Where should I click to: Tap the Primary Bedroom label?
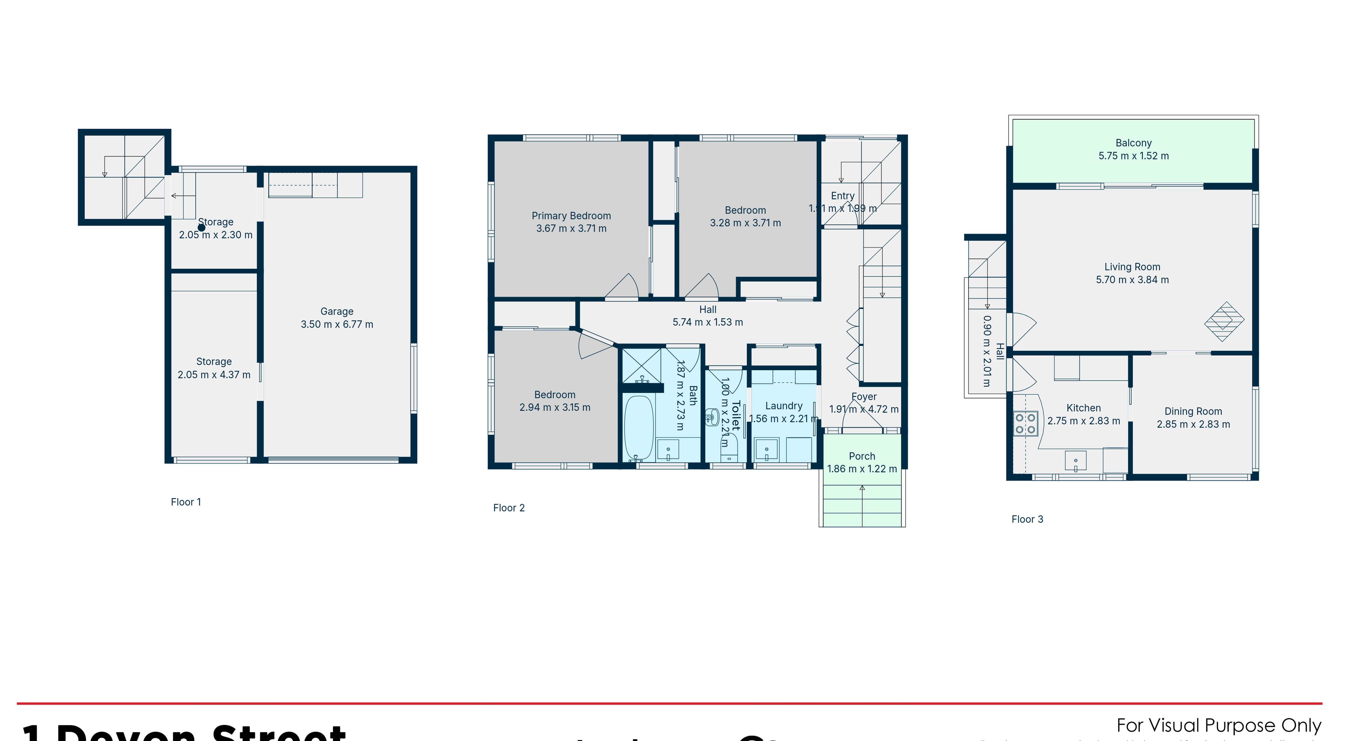coord(571,216)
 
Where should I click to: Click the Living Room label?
coord(1132,267)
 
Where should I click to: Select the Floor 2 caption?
coord(509,507)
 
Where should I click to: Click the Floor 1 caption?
coord(186,502)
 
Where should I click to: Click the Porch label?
coord(861,456)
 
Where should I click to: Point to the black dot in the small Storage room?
coord(201,228)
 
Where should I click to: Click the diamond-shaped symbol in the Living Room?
coord(1224,321)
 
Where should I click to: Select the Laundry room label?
coord(783,406)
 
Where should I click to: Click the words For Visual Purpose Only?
coord(1218,725)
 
